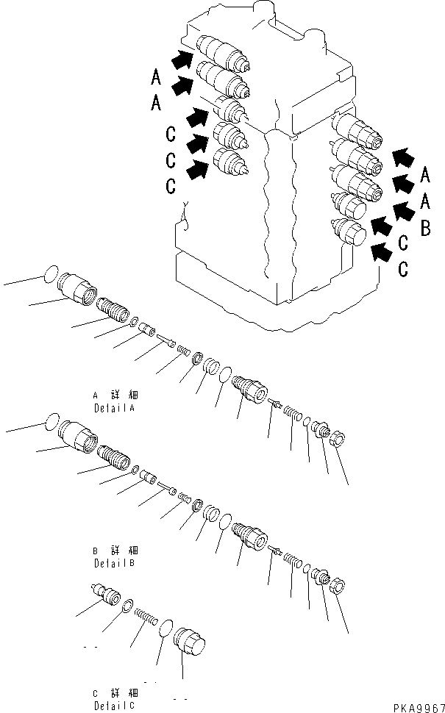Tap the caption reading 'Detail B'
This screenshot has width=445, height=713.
(x=115, y=563)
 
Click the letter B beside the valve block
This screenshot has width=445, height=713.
(x=424, y=229)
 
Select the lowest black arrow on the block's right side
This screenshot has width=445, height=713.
(x=380, y=252)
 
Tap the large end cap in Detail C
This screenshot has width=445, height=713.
(x=189, y=650)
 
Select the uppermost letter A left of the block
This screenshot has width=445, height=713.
(x=155, y=76)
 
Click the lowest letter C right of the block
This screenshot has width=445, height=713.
(x=403, y=269)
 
